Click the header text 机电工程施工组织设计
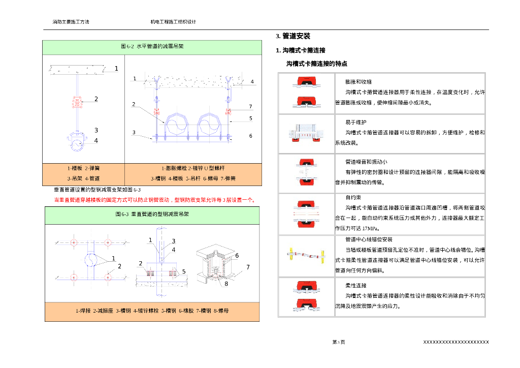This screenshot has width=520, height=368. (x=173, y=22)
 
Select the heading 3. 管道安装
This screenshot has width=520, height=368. (x=293, y=36)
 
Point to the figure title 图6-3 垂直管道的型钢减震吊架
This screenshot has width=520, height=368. (x=152, y=214)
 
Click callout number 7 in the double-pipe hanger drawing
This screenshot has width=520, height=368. (x=250, y=107)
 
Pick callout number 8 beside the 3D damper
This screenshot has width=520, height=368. (x=226, y=284)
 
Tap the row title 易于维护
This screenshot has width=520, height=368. (x=356, y=122)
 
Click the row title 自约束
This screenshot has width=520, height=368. (x=353, y=197)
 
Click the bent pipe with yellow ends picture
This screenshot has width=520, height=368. (x=306, y=254)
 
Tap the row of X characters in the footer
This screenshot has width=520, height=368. (x=456, y=342)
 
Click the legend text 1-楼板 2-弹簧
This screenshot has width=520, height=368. (x=83, y=168)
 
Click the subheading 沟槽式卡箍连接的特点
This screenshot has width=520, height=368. (x=317, y=64)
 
